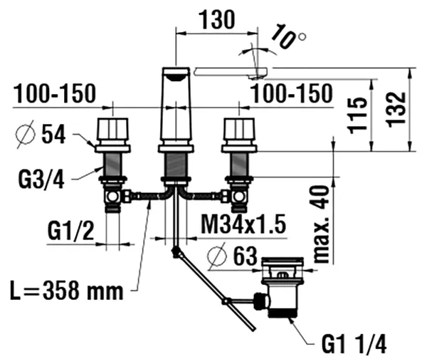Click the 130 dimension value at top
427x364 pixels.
pyautogui.click(x=217, y=20)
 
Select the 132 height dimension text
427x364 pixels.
pyautogui.click(x=396, y=110)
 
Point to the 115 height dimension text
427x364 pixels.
pyautogui.click(x=357, y=115)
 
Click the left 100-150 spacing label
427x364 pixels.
pyautogui.click(x=55, y=93)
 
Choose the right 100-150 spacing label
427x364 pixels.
pyautogui.click(x=292, y=93)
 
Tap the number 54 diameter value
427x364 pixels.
pyautogui.click(x=53, y=134)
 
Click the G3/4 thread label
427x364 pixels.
pyautogui.click(x=41, y=180)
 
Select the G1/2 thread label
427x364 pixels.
pyautogui.click(x=70, y=231)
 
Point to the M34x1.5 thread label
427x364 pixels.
pyautogui.click(x=243, y=224)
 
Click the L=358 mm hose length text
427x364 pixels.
pyautogui.click(x=67, y=291)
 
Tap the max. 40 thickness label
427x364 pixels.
pyautogui.click(x=322, y=224)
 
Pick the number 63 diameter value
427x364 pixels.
pyautogui.click(x=245, y=256)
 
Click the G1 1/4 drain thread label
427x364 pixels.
pyautogui.click(x=354, y=344)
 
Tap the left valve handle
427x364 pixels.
pyautogui.click(x=112, y=129)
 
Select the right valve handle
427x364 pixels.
pyautogui.click(x=239, y=129)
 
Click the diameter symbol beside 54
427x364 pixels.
pyautogui.click(x=26, y=134)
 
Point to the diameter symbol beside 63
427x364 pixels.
pyautogui.click(x=217, y=256)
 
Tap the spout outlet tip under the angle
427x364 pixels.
pyautogui.click(x=255, y=78)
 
